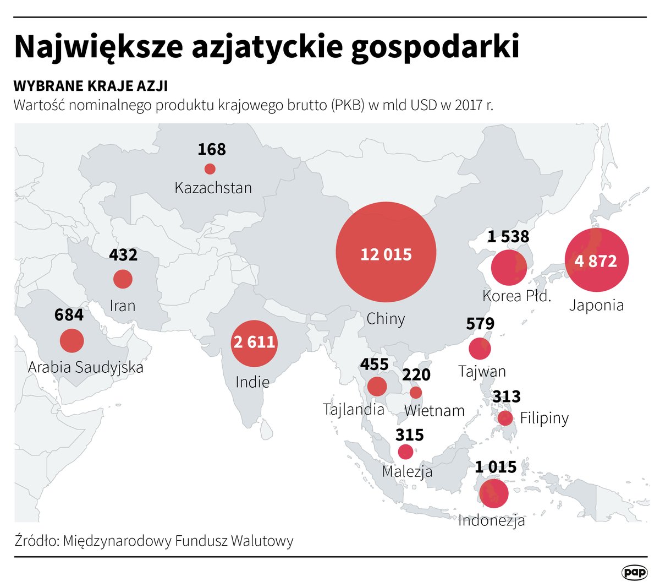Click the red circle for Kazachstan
210,169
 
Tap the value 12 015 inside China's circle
386,254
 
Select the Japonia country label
596,305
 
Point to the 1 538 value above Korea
508,237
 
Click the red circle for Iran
123,279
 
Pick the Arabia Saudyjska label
86,367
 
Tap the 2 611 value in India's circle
254,343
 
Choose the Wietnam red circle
416,393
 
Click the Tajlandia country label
353,409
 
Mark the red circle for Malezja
405,452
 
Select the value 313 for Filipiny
507,396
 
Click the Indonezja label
492,520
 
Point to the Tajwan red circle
480,349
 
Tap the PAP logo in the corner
634,572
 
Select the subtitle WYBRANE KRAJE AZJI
91,86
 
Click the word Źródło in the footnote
36,541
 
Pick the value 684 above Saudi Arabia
69,315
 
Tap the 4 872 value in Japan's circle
596,260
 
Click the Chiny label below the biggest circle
386,319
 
